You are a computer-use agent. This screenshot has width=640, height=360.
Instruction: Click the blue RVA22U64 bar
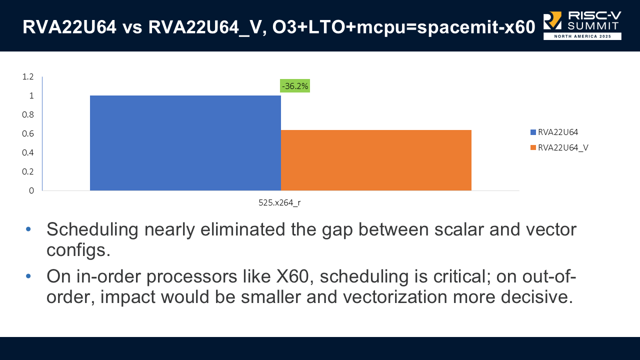click(x=185, y=142)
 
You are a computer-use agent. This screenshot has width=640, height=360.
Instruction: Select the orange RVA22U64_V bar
click(x=376, y=160)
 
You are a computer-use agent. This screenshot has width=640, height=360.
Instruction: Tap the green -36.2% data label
click(x=294, y=86)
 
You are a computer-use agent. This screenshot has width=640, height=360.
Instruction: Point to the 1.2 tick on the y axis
click(x=27, y=76)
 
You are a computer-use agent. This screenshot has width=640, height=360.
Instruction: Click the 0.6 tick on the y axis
click(x=27, y=133)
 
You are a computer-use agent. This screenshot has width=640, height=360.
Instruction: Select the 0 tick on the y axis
click(x=31, y=190)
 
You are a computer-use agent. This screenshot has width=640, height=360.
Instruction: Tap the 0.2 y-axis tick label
click(x=27, y=171)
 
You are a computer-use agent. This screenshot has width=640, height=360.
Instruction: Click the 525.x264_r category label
click(x=279, y=203)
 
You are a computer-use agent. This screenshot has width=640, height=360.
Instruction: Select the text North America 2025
click(x=582, y=36)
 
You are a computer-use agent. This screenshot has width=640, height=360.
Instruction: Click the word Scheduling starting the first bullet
click(x=92, y=230)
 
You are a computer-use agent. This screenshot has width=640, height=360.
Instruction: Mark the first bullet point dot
click(x=28, y=229)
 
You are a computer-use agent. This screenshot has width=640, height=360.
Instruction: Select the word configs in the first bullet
click(x=78, y=249)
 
